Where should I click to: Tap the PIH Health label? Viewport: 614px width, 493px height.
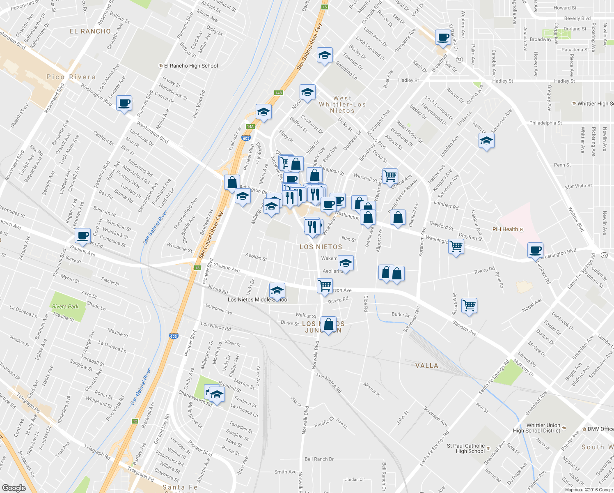click(505, 229)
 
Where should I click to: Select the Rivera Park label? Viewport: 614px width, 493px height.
click(65, 306)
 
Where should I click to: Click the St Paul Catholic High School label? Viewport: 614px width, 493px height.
click(466, 448)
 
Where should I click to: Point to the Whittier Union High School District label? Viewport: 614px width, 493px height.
click(536, 428)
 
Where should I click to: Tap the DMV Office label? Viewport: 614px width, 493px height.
click(600, 429)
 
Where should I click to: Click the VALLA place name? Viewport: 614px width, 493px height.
click(427, 366)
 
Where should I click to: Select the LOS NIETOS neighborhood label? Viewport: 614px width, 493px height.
click(321, 247)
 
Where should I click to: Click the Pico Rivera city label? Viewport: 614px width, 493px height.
click(71, 77)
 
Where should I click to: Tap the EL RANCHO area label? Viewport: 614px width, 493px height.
click(90, 31)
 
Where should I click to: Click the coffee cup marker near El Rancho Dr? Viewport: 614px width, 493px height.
click(443, 37)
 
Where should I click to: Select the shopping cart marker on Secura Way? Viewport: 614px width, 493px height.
click(469, 306)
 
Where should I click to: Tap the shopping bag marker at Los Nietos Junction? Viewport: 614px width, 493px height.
click(328, 325)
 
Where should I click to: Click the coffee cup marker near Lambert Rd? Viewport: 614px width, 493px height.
click(535, 250)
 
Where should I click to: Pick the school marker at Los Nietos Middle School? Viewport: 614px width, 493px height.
click(277, 290)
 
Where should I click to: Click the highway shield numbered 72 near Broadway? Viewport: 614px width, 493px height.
click(459, 60)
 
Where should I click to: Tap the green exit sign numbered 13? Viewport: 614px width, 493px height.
click(197, 268)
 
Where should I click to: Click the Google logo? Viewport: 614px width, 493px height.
click(14, 488)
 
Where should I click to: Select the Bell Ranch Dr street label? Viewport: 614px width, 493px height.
click(319, 459)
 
